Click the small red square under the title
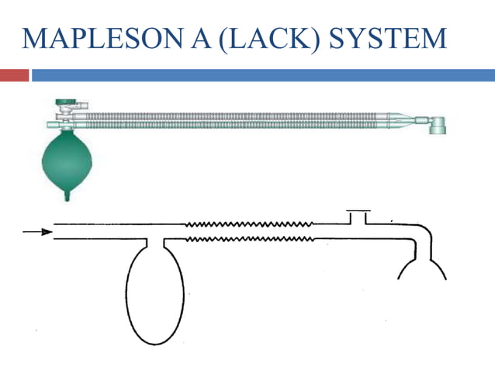coord(14,75)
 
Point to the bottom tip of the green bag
coord(67,197)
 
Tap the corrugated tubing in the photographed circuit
coord(233,120)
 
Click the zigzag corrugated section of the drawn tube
coord(248,231)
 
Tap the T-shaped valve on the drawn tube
coord(358,216)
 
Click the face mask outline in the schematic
coord(423,268)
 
